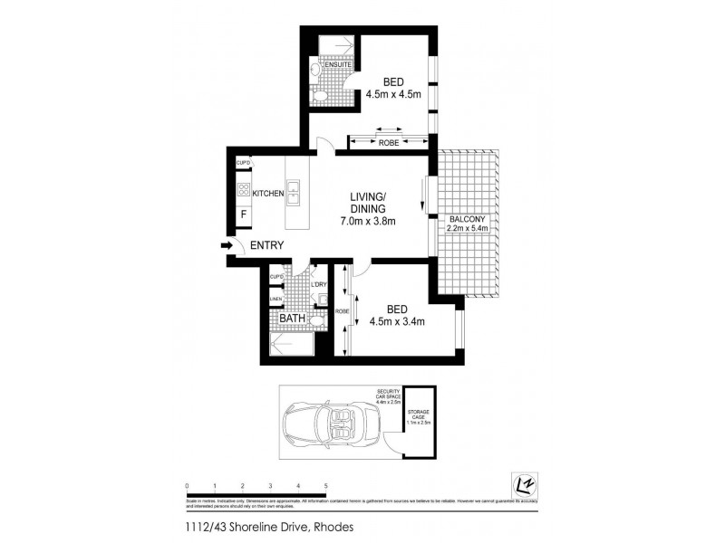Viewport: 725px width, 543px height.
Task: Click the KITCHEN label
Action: (268, 193)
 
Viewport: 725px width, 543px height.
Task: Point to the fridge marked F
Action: (244, 215)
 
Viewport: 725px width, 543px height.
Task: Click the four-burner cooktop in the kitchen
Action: (244, 190)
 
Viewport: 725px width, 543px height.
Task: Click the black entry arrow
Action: (225, 245)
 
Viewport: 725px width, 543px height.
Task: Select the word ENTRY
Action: (267, 245)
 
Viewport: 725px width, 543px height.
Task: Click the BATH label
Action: (291, 319)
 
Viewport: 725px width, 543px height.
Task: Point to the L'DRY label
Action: (318, 286)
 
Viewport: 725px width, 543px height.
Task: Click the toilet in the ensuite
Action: (320, 93)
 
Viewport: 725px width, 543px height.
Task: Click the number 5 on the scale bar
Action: (325, 486)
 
